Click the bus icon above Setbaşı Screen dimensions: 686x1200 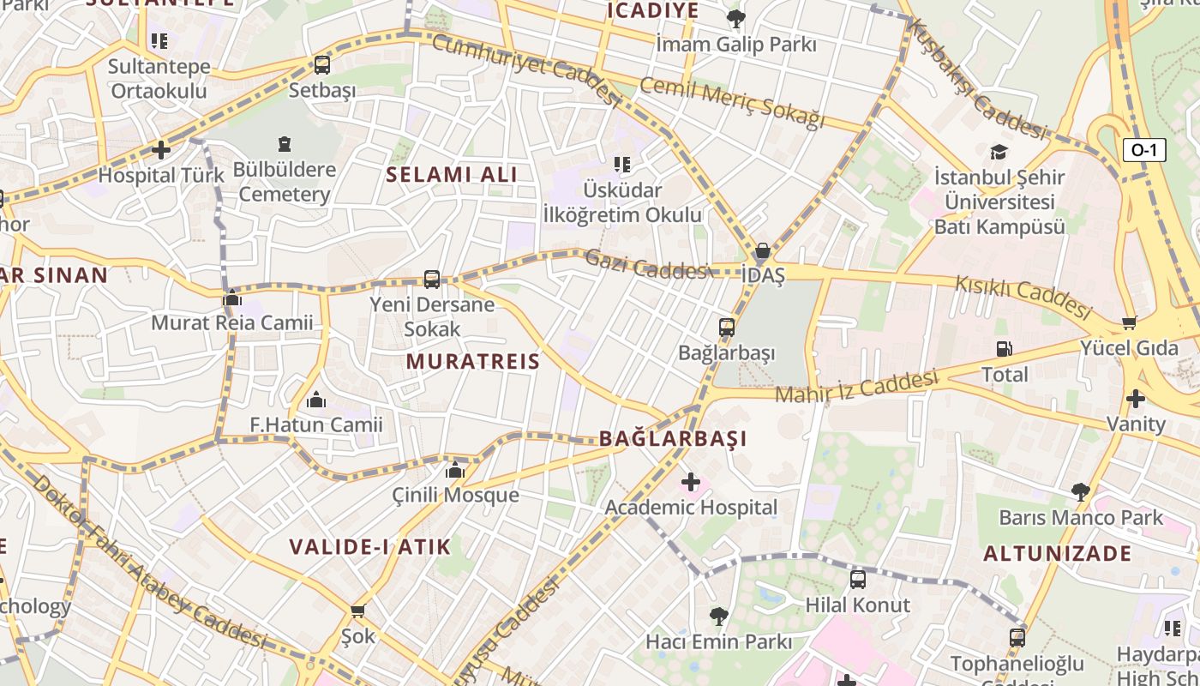[322, 64]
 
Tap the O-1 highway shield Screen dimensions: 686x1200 [1144, 151]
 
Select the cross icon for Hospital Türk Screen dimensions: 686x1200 [161, 150]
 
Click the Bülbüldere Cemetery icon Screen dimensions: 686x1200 [285, 144]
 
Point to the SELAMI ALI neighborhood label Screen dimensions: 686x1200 [452, 175]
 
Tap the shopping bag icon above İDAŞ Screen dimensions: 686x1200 [762, 250]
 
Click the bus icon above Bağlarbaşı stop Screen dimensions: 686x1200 [727, 328]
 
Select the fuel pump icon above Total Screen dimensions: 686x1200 [1004, 349]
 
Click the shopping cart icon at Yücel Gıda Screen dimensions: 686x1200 [1129, 323]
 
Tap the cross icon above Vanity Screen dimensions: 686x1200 [1136, 399]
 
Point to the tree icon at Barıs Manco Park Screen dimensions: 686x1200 [1081, 492]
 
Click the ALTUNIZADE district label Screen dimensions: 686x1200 [1057, 554]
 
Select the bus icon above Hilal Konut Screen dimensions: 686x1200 [858, 580]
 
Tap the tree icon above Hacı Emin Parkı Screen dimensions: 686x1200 [718, 616]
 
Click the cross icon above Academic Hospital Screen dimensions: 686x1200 [691, 482]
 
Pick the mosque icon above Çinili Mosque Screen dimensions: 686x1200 [455, 470]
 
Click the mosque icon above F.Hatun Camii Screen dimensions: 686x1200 [316, 400]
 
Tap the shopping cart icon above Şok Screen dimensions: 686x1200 [358, 611]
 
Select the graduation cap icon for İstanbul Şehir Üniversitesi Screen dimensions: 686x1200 [999, 153]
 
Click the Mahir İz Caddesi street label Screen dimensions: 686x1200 [857, 387]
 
